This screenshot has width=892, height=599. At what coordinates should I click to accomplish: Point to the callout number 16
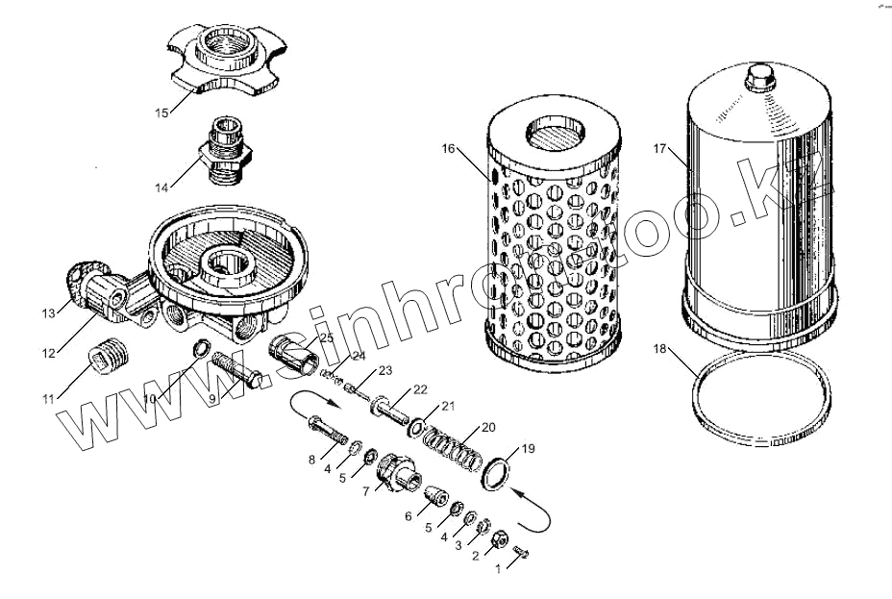coord(449,148)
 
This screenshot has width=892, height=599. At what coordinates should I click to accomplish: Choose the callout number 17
coord(659,148)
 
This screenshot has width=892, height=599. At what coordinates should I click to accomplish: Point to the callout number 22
coord(420,388)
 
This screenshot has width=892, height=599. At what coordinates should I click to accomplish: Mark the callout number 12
coord(49,353)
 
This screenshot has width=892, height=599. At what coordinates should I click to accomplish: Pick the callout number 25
coord(326,338)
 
